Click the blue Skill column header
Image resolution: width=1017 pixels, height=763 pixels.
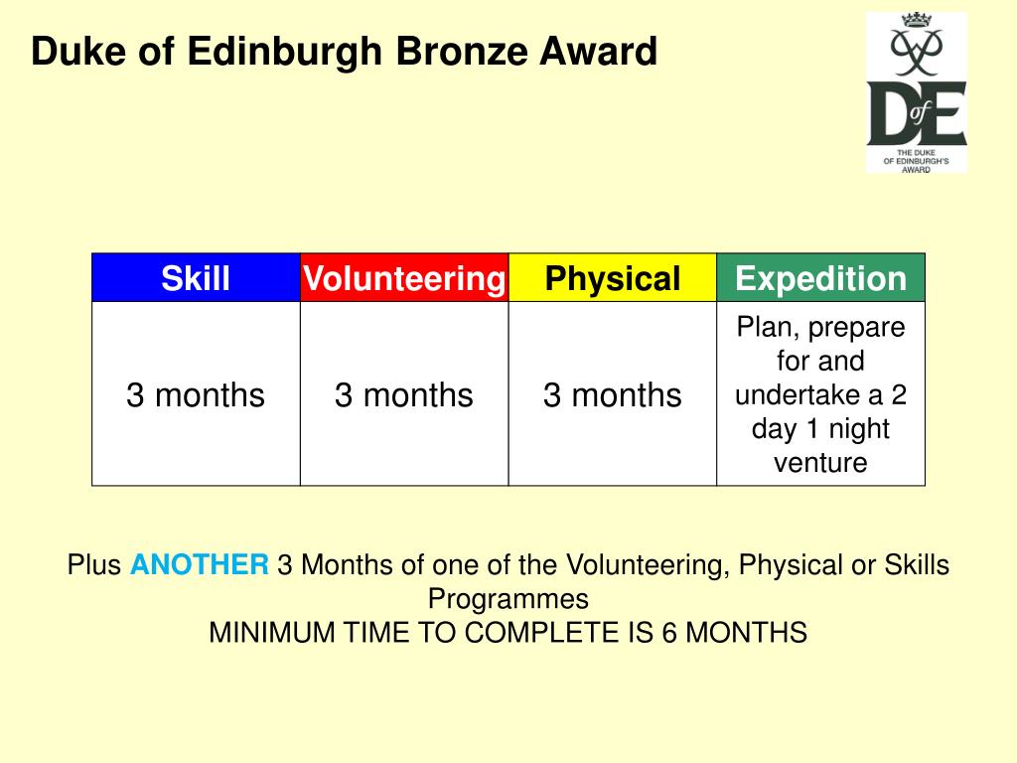point(196,278)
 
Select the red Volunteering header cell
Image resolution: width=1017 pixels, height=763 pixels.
point(404,278)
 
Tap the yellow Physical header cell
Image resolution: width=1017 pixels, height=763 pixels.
point(613,278)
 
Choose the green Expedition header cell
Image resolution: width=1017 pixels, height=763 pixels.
point(820,278)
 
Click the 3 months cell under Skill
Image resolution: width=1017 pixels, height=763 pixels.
point(196,394)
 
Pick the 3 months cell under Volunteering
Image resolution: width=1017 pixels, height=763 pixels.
point(404,394)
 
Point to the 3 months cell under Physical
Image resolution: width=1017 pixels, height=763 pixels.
point(613,394)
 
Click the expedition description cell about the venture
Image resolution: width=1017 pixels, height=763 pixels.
point(820,394)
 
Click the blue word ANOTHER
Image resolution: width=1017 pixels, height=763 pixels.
point(200,565)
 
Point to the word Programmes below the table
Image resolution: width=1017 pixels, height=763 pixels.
point(508,599)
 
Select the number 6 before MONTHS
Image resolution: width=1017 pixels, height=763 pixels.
point(670,633)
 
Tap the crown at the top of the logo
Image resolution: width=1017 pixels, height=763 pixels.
point(916,23)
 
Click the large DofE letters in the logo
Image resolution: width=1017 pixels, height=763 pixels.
point(916,114)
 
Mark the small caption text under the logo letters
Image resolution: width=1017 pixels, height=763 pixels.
point(916,160)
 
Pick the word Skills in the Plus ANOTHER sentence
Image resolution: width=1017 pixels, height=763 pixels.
point(915,565)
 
